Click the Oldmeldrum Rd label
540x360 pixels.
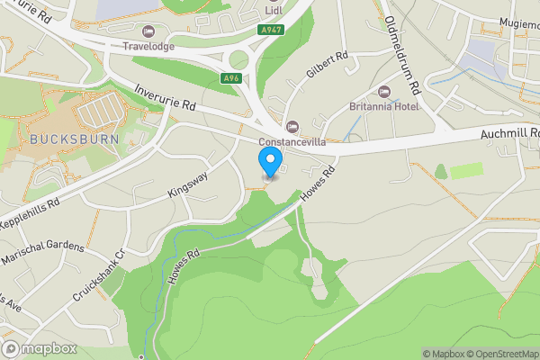click(x=402, y=56)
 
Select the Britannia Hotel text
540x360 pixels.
click(x=385, y=106)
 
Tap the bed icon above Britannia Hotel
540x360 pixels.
click(x=384, y=91)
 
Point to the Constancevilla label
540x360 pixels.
click(x=292, y=142)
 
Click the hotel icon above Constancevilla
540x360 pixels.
click(x=292, y=126)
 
